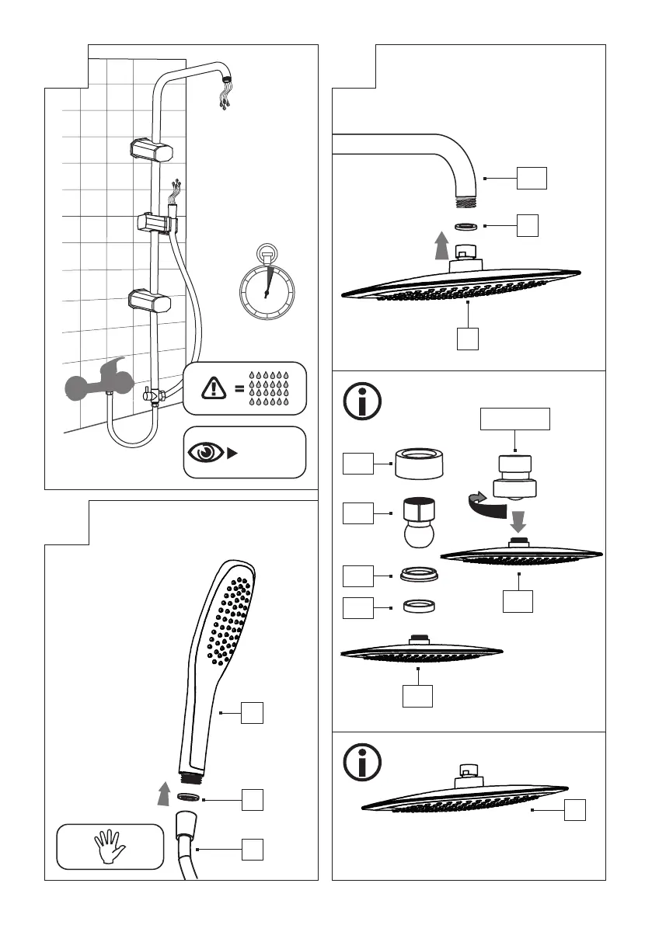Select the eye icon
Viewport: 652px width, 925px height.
tap(205, 451)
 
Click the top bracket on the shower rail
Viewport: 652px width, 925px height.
tap(152, 149)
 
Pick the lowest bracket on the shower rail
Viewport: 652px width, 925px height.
tap(152, 299)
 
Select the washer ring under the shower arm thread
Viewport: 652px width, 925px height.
tap(465, 227)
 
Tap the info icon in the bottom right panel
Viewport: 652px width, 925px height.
tap(362, 762)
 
